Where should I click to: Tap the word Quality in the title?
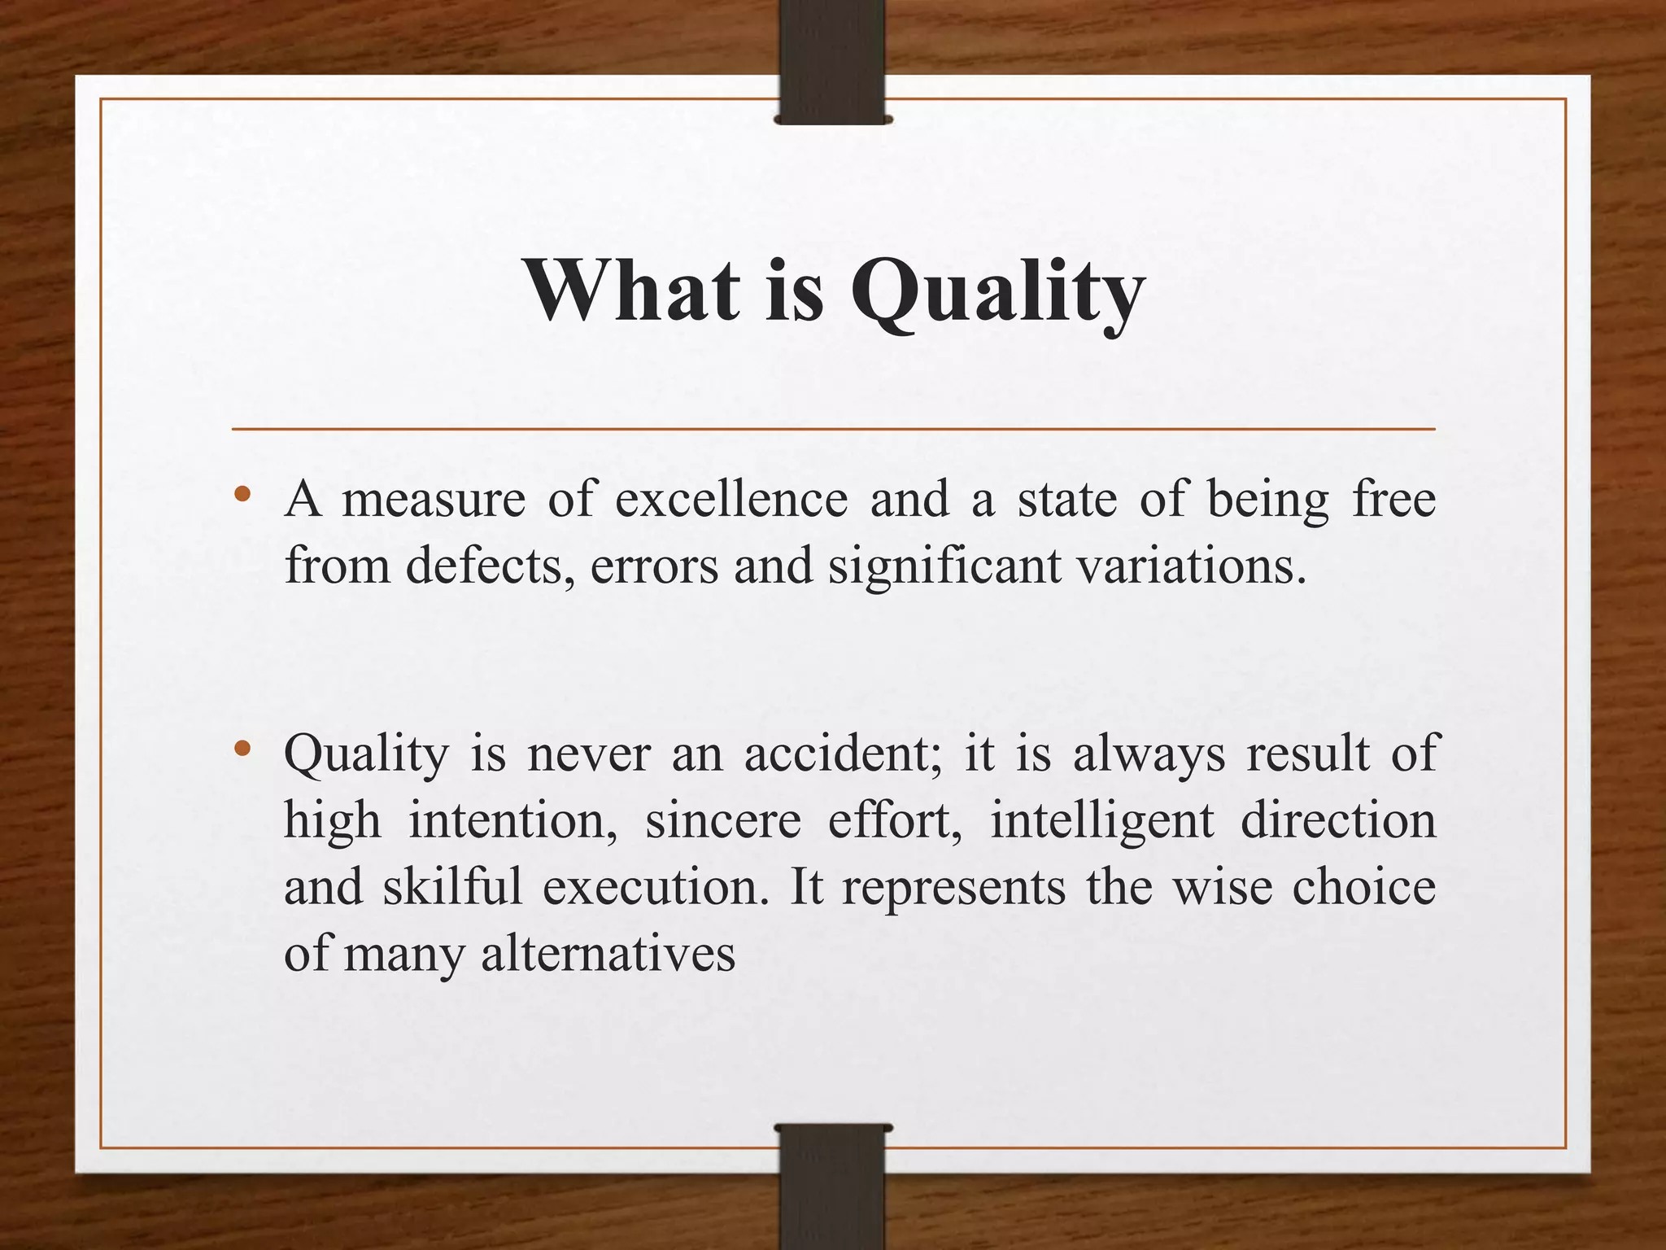(x=997, y=293)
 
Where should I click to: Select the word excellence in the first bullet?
(x=731, y=500)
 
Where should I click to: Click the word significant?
(x=944, y=566)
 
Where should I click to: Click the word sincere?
(x=723, y=820)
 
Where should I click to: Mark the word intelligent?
(x=1101, y=820)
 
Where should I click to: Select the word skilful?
(x=452, y=887)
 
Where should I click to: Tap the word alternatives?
(x=608, y=954)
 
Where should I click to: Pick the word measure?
(x=434, y=500)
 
